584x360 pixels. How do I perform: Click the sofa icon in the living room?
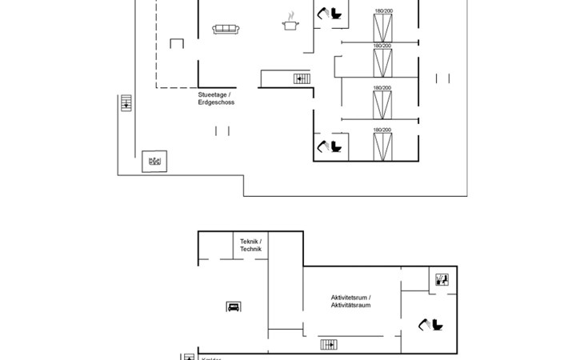[x=226, y=30]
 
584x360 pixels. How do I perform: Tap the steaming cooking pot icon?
[x=290, y=24]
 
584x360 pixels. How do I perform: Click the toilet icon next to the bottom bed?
[x=331, y=146]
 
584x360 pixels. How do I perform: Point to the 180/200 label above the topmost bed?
[x=383, y=10]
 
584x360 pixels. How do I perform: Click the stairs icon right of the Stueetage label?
[x=302, y=78]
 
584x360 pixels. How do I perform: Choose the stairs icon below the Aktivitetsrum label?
[x=329, y=344]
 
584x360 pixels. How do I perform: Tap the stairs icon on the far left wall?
[x=126, y=103]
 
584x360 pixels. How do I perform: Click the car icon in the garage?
[x=233, y=306]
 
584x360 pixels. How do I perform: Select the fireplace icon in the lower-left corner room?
[x=154, y=161]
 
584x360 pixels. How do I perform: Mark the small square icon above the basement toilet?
[x=442, y=279]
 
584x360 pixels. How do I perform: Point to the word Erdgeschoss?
[x=216, y=102]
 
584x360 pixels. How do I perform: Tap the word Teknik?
[x=249, y=242]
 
